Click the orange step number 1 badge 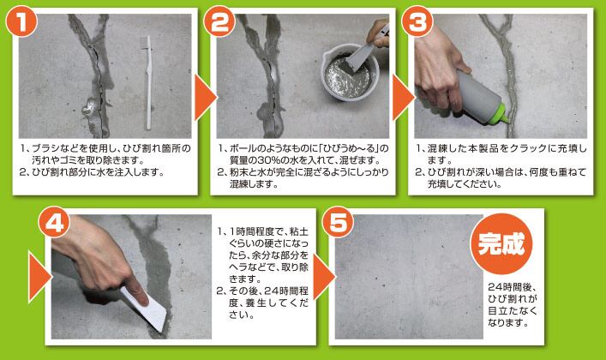coord(22,21)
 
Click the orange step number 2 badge coord(219,21)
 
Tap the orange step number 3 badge coord(417,21)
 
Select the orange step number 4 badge coord(55,223)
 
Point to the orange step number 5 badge coord(339,222)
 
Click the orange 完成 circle coord(501,244)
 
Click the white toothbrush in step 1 coord(147,82)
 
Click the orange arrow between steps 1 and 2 coord(205,98)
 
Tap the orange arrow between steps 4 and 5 coord(324,277)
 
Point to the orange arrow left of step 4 coord(40,277)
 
